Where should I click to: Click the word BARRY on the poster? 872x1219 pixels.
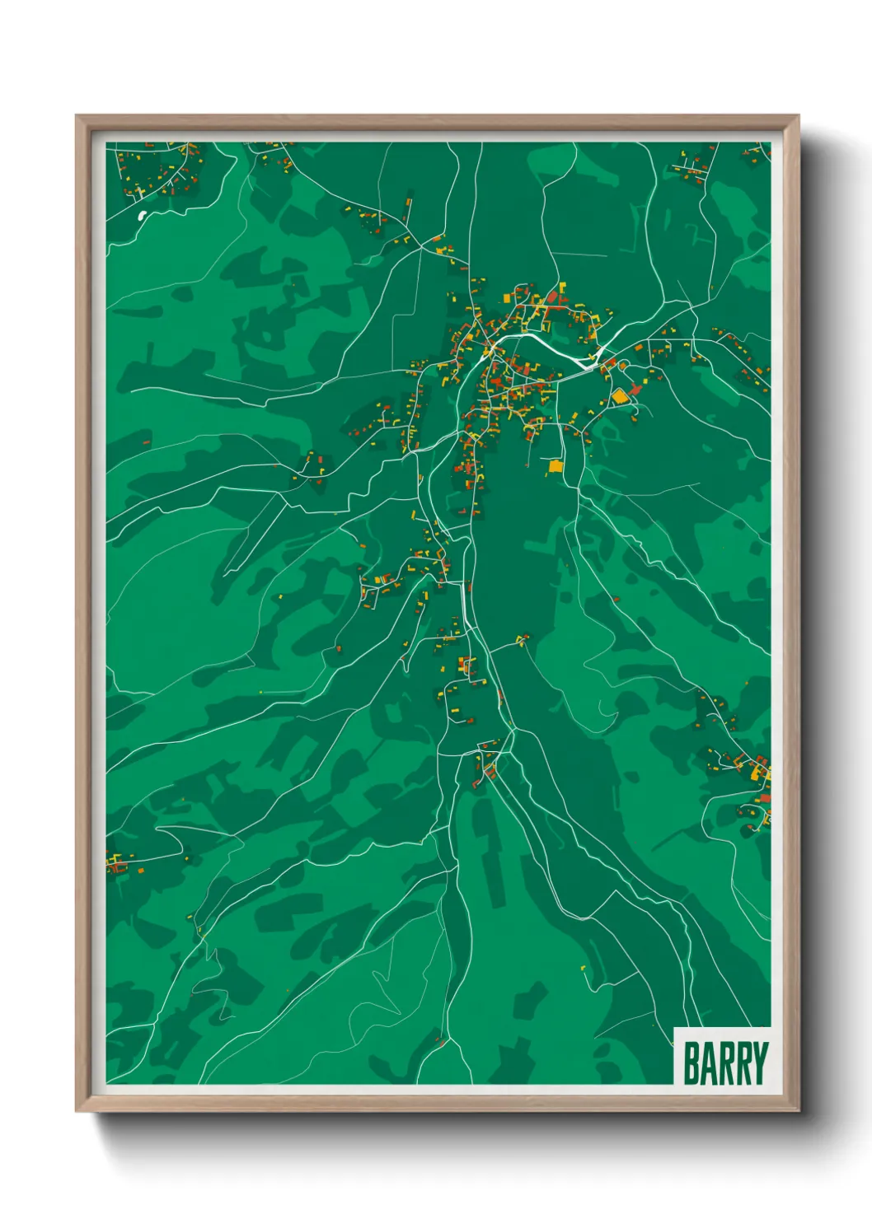click(724, 1063)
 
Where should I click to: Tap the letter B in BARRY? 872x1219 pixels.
click(691, 1063)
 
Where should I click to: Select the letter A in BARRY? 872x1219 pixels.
click(707, 1063)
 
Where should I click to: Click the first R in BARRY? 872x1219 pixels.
click(724, 1063)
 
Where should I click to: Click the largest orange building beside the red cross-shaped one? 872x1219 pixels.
click(619, 397)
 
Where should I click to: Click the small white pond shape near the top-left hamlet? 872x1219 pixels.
click(141, 217)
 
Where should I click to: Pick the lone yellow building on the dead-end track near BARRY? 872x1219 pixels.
click(583, 967)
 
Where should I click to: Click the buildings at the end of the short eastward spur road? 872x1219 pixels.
click(521, 639)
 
